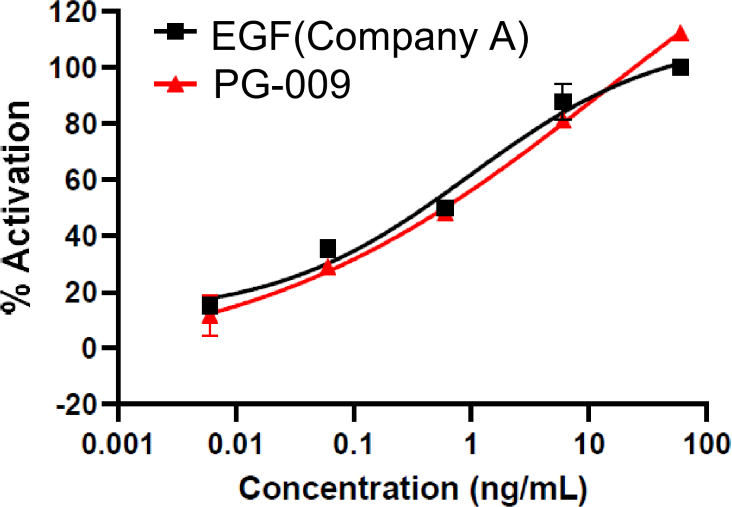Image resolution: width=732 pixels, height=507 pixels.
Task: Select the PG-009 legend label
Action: coord(282,84)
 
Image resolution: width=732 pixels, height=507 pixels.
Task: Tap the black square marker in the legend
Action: coord(176,32)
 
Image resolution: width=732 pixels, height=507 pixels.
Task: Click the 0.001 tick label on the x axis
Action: coord(117,444)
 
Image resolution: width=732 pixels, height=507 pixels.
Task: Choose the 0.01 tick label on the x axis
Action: coord(235,444)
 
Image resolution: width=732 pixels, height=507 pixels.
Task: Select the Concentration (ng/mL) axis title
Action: coord(413,489)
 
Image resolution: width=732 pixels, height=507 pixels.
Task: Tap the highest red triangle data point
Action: coord(680,34)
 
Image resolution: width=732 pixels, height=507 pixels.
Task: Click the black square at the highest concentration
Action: coord(680,67)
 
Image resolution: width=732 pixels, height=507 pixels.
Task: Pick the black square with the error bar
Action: coord(563,102)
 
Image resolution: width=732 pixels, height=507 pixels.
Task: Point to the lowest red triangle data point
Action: coord(210,317)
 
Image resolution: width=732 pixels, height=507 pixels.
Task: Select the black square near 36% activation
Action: coord(328,249)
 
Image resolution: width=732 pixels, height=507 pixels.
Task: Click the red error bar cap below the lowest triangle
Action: coord(210,334)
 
